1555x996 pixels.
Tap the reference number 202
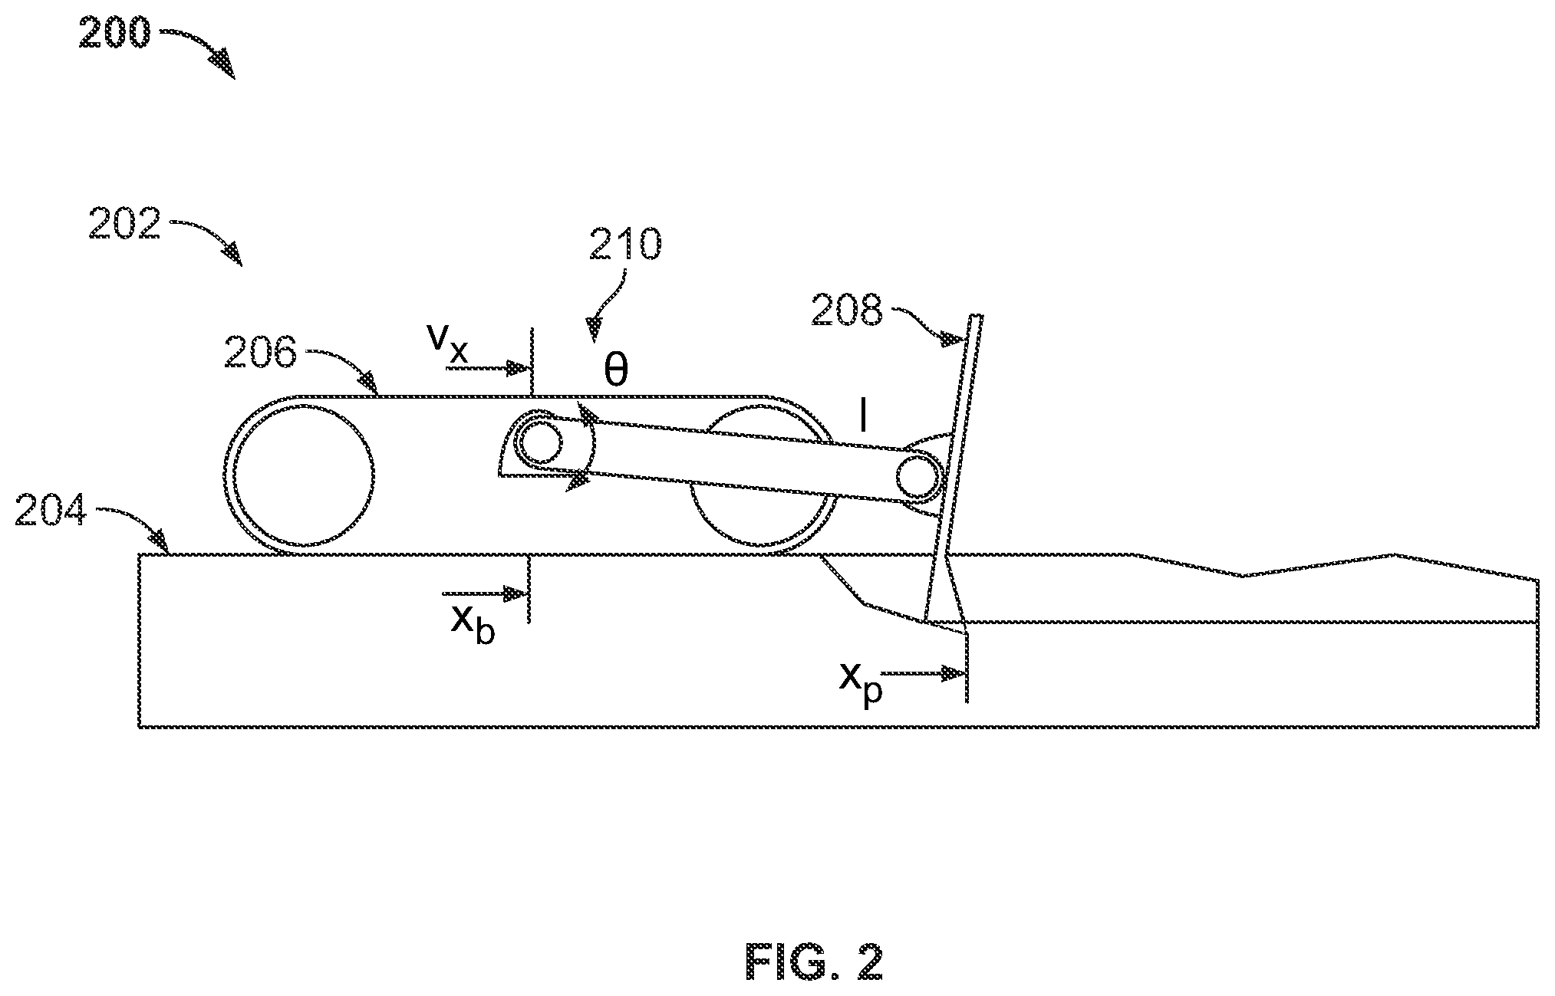click(125, 224)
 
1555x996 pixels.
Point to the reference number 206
click(260, 354)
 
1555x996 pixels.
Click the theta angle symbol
click(615, 371)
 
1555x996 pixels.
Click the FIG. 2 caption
click(814, 962)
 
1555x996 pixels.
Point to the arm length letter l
click(863, 419)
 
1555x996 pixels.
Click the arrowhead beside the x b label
click(517, 593)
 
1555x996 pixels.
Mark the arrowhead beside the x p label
click(954, 674)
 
